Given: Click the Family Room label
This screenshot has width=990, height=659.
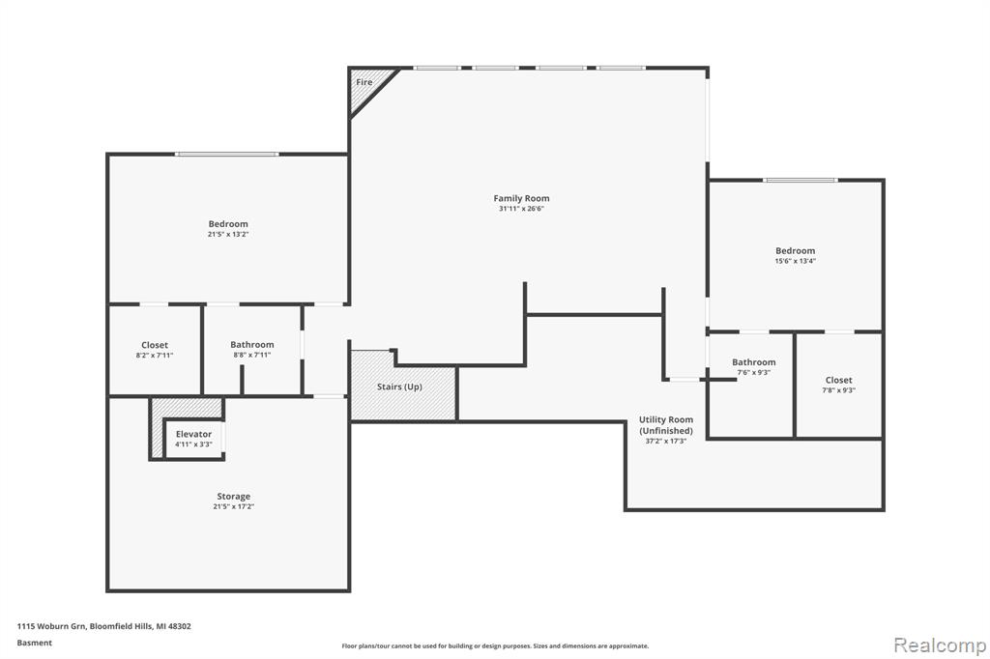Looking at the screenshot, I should pos(521,198).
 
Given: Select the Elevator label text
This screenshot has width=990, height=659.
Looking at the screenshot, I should pos(193,434).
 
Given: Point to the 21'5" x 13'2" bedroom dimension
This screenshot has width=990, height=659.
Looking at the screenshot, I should pos(228,234).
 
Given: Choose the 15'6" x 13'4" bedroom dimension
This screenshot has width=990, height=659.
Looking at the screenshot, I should pos(795,261).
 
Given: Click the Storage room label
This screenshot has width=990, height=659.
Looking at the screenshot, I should pos(233,497).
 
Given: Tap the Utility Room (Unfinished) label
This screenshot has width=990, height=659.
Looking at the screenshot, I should pos(665,425).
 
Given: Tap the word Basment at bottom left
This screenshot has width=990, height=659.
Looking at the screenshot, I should pos(35,643).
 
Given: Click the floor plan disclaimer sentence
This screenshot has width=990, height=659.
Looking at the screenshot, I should pos(495,646).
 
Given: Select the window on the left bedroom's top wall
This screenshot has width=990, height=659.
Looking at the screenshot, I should pos(227,154).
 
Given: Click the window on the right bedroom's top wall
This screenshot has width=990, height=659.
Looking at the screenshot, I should pos(801,180).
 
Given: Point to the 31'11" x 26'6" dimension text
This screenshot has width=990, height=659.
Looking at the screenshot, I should pos(521,209).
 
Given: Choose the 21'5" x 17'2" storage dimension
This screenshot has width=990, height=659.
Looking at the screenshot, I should pos(233,506).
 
